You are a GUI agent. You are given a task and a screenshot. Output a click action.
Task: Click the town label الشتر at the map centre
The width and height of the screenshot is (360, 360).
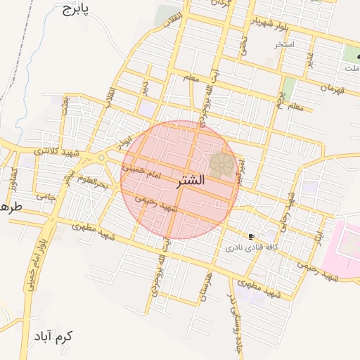(189, 181)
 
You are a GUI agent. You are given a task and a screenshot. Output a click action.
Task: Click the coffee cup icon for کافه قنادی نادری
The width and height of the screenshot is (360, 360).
(251, 236)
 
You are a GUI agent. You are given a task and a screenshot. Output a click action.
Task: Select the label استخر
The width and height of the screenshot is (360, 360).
(285, 44)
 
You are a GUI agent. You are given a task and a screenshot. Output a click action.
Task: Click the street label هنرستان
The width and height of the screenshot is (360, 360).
(206, 285)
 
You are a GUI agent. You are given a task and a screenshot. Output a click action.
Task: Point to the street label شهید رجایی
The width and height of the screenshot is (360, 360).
(289, 207)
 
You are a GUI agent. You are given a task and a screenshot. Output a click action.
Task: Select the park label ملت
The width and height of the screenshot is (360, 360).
(352, 68)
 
